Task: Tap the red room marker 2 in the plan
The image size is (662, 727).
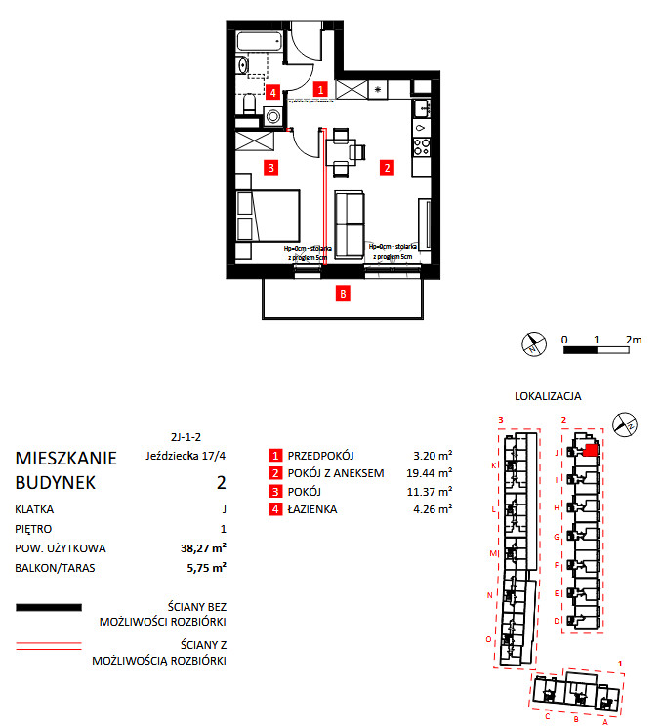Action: [x=387, y=167]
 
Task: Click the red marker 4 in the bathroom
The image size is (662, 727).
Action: [x=272, y=93]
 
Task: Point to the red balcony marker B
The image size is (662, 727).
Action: [x=342, y=292]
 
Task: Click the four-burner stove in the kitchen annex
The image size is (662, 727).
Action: [x=423, y=148]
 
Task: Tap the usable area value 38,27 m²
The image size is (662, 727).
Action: [x=205, y=547]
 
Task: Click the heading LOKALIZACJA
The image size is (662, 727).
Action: [x=549, y=397]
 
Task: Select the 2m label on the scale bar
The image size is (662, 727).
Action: [x=634, y=340]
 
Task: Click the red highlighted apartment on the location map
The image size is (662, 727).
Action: [x=590, y=450]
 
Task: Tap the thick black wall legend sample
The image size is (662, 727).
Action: [x=48, y=608]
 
